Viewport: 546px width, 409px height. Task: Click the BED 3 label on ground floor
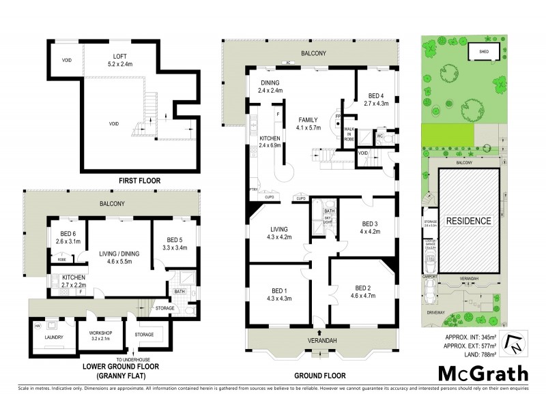(x=370, y=228)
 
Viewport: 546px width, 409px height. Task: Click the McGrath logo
(x=483, y=373)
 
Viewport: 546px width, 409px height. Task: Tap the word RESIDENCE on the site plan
(x=468, y=221)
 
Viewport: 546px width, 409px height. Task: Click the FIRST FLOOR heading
(x=120, y=181)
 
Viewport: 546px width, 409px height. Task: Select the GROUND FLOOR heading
(x=320, y=376)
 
